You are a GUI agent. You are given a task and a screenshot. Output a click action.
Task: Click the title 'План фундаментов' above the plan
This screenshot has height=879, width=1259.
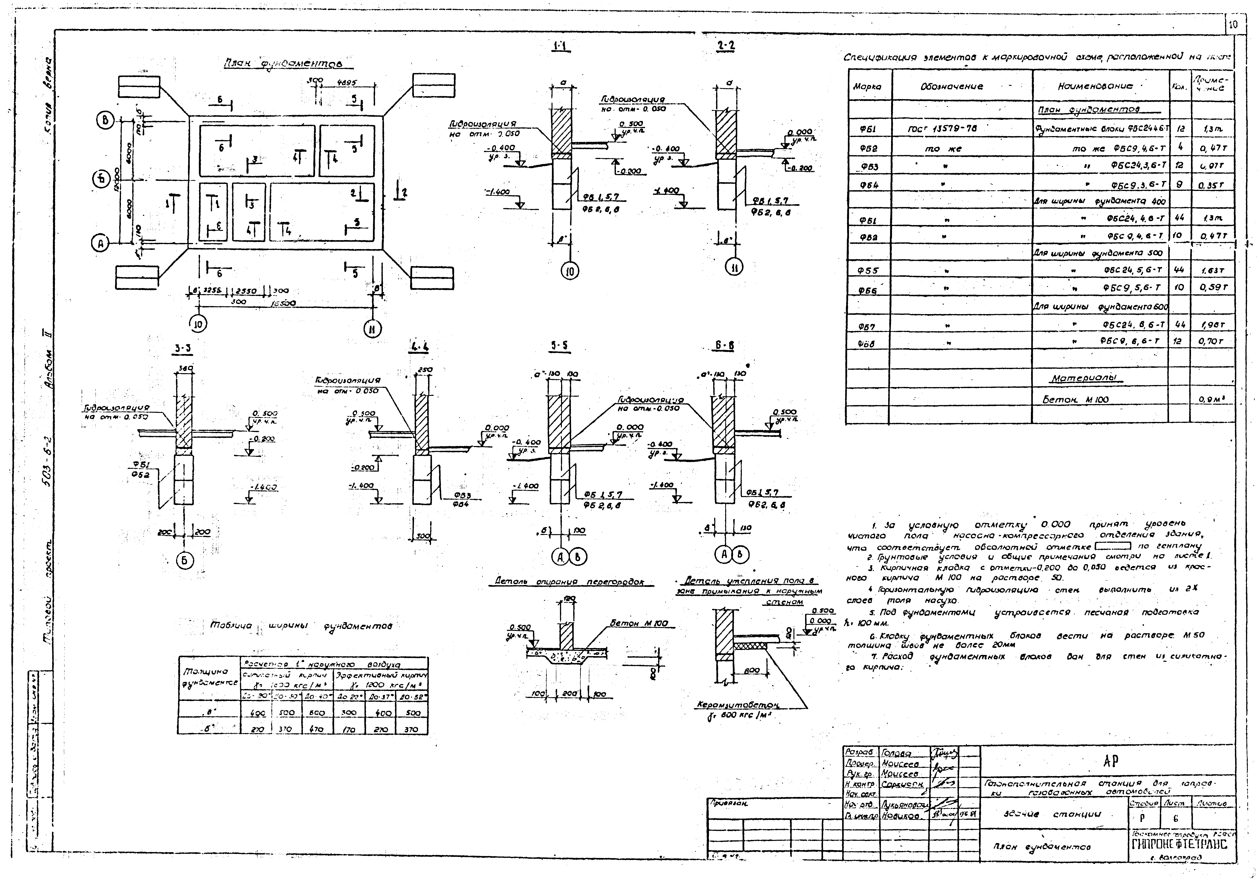pyautogui.click(x=284, y=64)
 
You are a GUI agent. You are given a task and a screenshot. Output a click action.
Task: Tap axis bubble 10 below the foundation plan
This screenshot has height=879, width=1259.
pyautogui.click(x=198, y=325)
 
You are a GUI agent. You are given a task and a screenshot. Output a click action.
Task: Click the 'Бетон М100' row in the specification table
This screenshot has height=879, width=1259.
pyautogui.click(x=1075, y=399)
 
